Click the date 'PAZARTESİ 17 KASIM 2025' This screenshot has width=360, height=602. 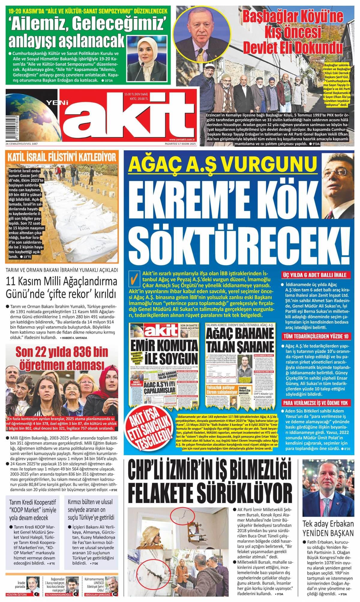pyautogui.click(x=178, y=144)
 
